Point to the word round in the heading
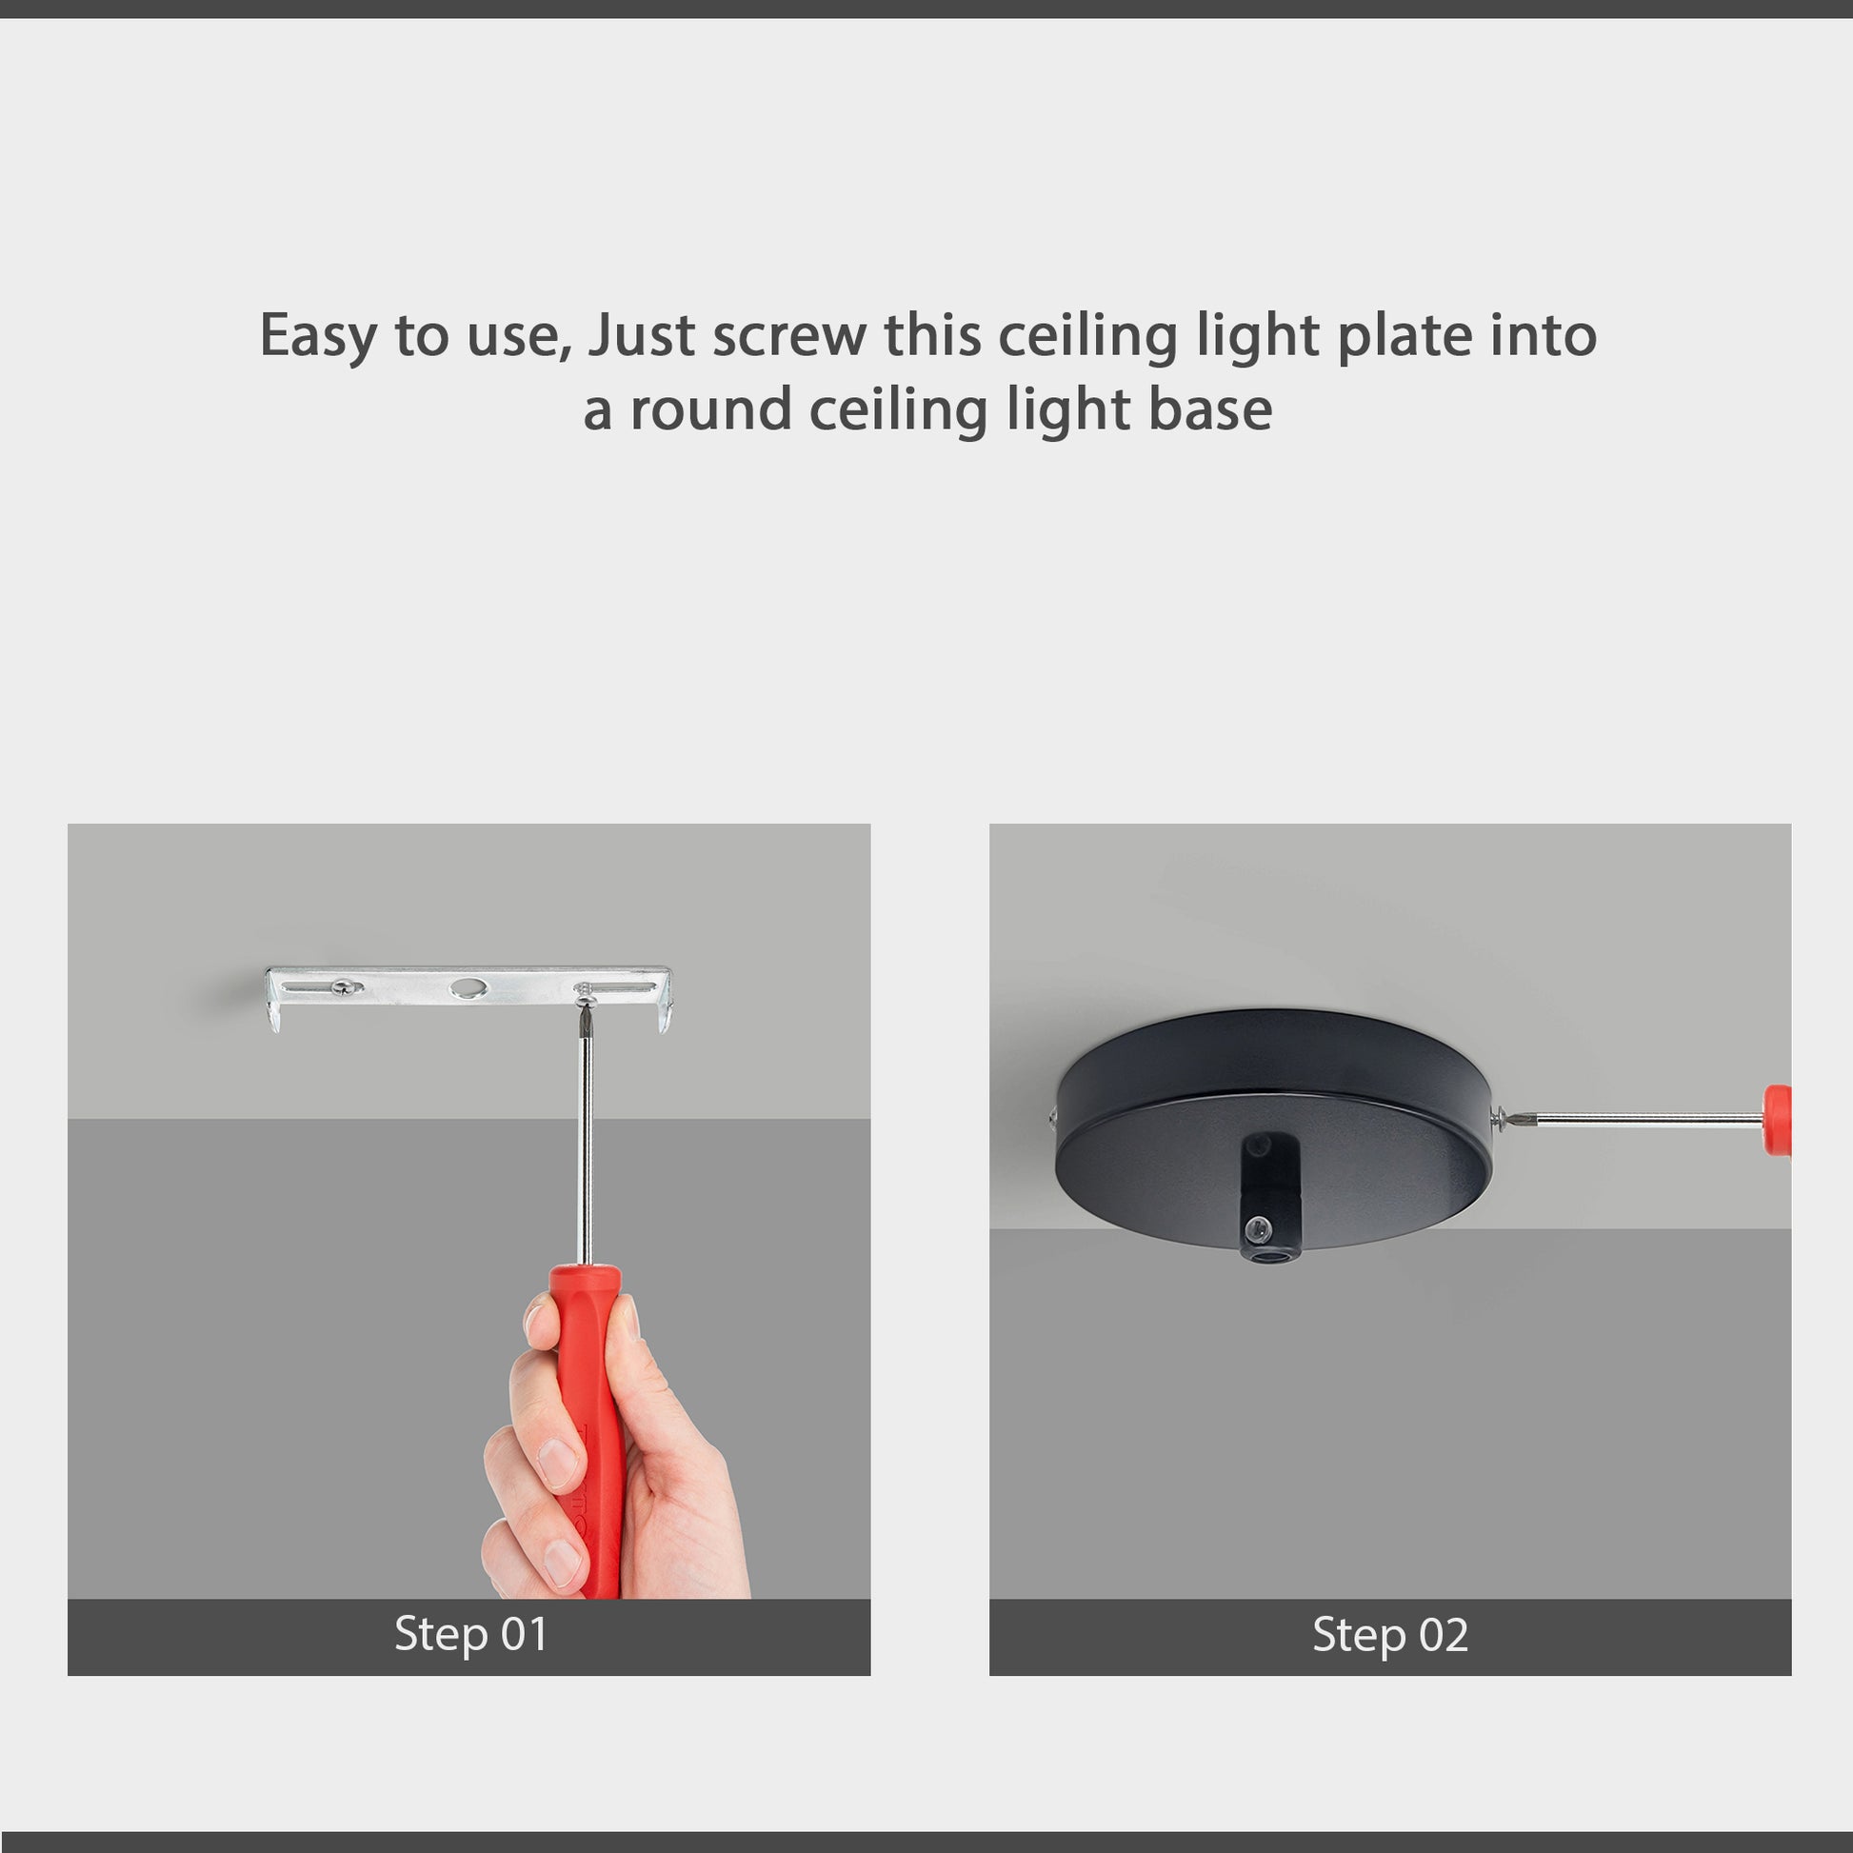pyautogui.click(x=709, y=409)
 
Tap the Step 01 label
pyautogui.click(x=470, y=1634)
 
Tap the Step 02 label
pyautogui.click(x=1390, y=1634)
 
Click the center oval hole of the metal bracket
pyautogui.click(x=469, y=986)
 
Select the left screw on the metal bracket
pyautogui.click(x=344, y=986)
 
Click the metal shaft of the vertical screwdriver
pyautogui.click(x=584, y=1151)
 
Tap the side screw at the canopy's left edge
pyautogui.click(x=1053, y=1115)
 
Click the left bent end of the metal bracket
pyautogui.click(x=274, y=1003)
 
